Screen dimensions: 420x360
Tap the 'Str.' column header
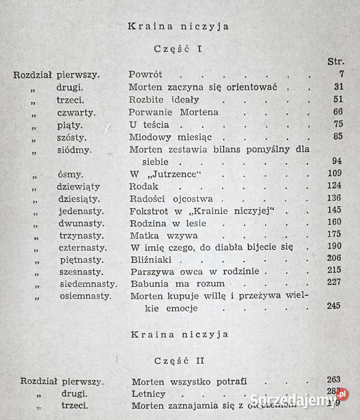(337, 61)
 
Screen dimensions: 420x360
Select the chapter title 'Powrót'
(145, 75)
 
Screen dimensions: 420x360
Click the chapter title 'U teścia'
(149, 125)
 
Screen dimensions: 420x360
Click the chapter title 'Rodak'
(143, 186)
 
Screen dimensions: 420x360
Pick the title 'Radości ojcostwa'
(164, 198)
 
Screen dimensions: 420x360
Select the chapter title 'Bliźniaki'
(150, 260)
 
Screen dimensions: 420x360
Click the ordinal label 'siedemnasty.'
(88, 284)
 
